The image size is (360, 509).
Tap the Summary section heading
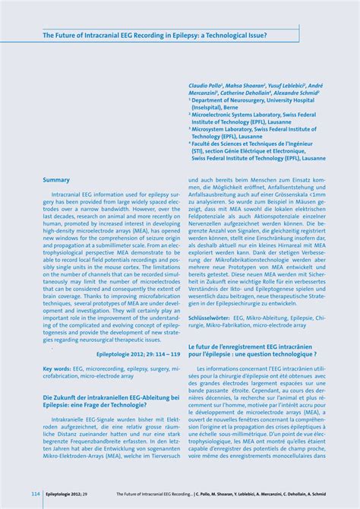(x=56, y=179)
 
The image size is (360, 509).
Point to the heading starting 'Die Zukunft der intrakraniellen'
(x=110, y=397)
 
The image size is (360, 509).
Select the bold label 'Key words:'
(x=57, y=368)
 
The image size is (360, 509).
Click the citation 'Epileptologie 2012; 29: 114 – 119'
(x=138, y=354)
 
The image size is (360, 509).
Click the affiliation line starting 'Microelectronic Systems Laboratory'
(x=254, y=114)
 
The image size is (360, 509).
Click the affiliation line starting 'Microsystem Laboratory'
(x=254, y=129)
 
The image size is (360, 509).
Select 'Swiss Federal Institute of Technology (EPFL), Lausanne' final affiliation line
(x=258, y=158)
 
